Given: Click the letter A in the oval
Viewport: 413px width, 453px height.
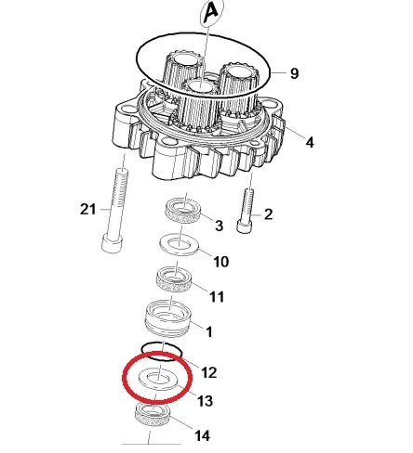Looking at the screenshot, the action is coord(212,13).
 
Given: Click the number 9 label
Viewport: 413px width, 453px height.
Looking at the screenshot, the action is coord(294,73).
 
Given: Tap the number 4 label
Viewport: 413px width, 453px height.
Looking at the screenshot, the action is coord(310,142).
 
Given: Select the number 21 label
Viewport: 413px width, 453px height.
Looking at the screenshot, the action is coord(88,209).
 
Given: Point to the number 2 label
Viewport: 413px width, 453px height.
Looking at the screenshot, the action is coord(268,214).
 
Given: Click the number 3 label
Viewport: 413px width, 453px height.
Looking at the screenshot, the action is coord(219,226).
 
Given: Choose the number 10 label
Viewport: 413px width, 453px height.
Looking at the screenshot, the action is coord(221,262).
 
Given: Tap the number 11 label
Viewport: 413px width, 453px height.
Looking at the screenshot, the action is coord(217,297).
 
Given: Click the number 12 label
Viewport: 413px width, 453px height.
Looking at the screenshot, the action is coord(209,372).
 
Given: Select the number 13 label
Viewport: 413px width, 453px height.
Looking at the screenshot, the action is coord(205,401).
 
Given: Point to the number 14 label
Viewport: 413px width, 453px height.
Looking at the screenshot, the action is coord(202,435).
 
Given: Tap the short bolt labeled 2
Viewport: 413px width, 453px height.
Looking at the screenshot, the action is coord(246,211).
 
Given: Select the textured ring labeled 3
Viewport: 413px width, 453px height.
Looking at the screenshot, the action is coord(182,211).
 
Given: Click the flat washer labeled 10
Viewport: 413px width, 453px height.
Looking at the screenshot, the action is coord(180,244).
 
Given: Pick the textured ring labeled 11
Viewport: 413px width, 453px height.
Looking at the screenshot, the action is coord(174,280).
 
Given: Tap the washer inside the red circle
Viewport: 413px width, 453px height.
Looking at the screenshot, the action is coord(158,378).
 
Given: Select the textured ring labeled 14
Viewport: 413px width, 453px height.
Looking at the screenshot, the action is coord(153,415).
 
